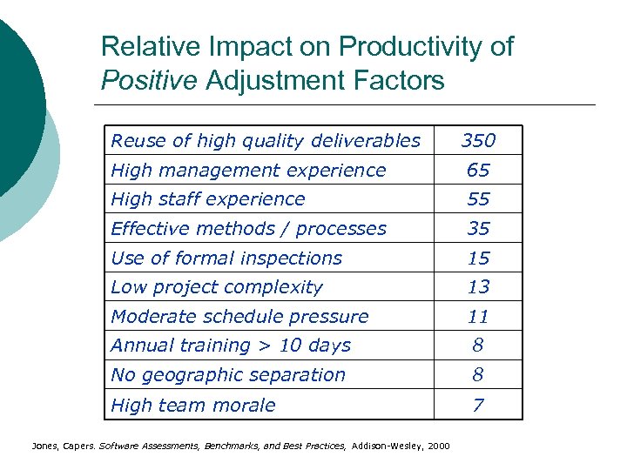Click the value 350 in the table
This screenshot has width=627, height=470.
[x=478, y=141]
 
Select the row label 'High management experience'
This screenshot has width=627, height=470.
[x=248, y=171]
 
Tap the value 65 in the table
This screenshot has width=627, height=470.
[x=478, y=171]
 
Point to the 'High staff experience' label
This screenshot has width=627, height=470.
[x=208, y=199]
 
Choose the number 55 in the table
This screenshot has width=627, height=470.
[x=478, y=199]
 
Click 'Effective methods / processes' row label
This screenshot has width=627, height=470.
[x=248, y=229]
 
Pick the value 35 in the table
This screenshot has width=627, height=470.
[x=478, y=229]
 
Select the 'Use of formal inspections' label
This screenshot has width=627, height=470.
[x=226, y=258]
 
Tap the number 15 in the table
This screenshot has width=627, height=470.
[x=478, y=258]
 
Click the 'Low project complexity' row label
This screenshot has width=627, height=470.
[x=217, y=287]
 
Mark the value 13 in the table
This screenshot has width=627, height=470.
[x=478, y=287]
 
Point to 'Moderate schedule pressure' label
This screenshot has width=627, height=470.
[x=239, y=317]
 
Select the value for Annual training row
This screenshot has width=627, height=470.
[x=478, y=346]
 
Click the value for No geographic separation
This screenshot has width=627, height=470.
[x=478, y=375]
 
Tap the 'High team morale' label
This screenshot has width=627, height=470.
[x=193, y=406]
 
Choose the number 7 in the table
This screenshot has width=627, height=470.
[x=478, y=406]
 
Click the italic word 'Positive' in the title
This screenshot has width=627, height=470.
[x=149, y=81]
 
